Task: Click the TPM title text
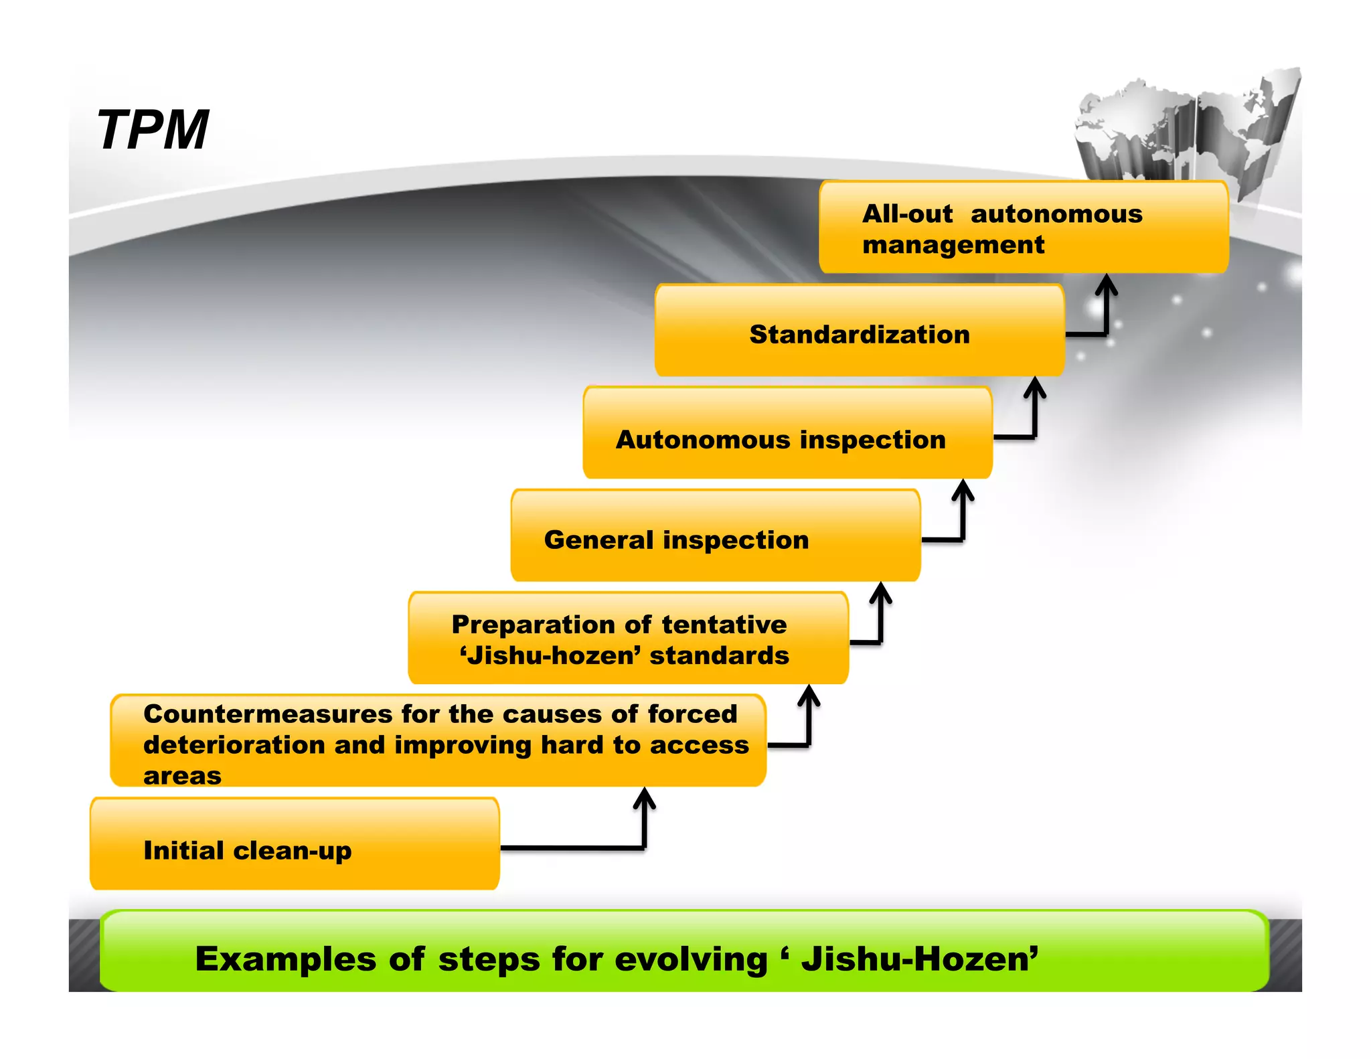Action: coord(153,130)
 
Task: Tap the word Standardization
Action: coord(860,334)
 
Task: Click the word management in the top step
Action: coord(953,245)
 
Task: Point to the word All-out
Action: coord(907,214)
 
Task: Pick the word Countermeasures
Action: coord(268,714)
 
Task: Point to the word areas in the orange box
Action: coord(182,776)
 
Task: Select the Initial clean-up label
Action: coord(247,851)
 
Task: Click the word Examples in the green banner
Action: coord(285,959)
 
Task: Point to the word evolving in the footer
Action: coord(691,959)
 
